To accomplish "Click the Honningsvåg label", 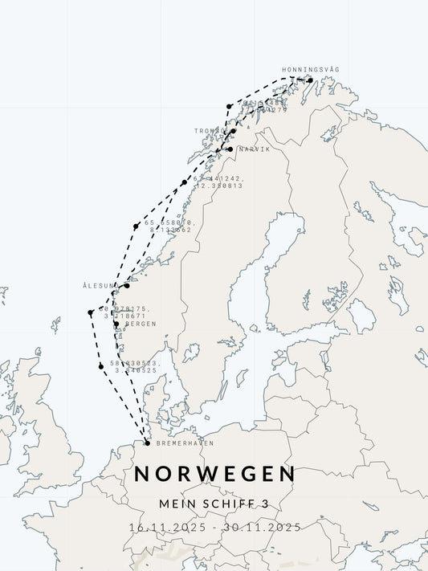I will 310,70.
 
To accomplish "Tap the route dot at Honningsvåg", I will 310,80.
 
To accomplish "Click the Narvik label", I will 254,149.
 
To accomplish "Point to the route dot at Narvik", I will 230,149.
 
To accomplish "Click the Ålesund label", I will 100,286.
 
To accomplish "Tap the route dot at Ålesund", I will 126,286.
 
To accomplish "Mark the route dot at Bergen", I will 116,324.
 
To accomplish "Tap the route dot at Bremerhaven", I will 146,443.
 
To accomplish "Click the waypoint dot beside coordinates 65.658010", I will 136,226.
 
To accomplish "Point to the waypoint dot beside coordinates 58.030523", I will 101,366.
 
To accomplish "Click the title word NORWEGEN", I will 214,474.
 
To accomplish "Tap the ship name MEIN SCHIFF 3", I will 214,504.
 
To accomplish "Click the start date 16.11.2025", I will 168,528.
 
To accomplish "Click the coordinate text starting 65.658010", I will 168,223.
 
